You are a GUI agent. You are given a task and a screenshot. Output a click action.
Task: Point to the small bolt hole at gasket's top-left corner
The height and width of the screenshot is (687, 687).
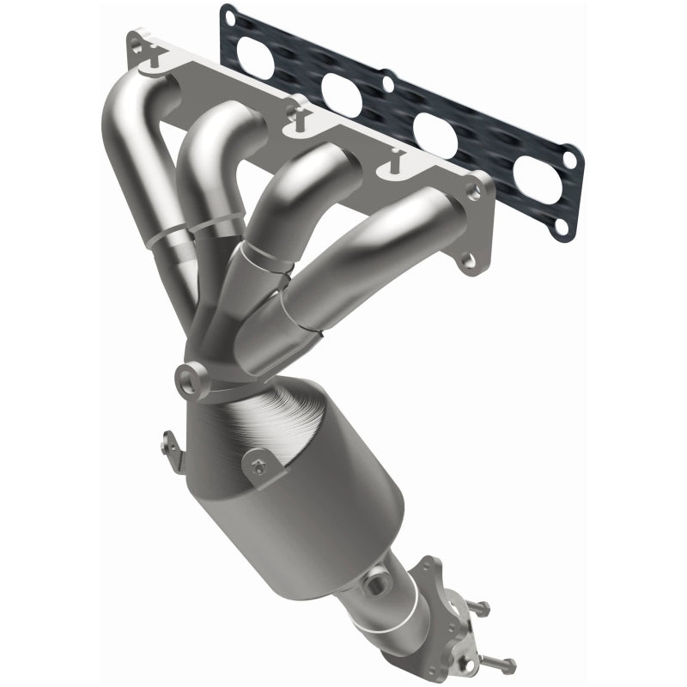227,15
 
